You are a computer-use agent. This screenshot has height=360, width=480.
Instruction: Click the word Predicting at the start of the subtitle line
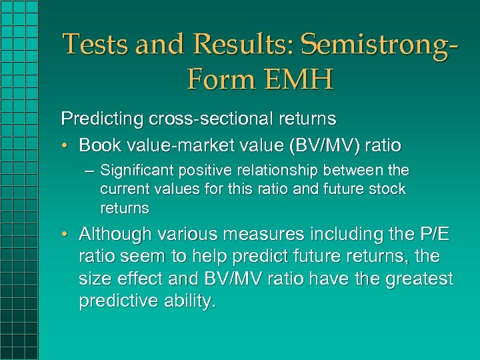coord(93,119)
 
